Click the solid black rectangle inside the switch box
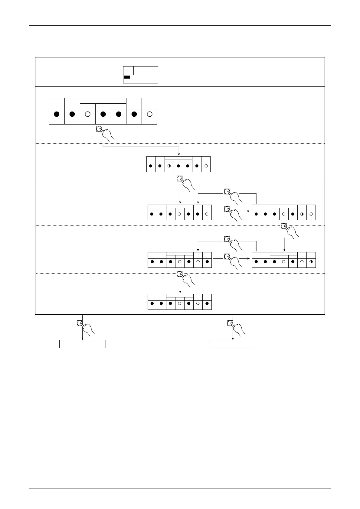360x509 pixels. coord(127,77)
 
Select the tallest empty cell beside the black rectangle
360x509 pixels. coord(151,74)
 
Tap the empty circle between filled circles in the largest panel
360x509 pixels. coord(87,114)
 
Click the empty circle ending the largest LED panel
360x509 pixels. coord(149,114)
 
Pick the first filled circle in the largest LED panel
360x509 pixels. coord(57,114)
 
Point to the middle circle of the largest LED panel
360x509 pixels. coord(103,114)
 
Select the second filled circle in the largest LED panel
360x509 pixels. coord(72,114)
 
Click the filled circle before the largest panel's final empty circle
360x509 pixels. coord(134,114)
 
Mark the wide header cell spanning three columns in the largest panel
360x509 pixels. coord(103,101)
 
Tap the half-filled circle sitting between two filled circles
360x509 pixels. coord(169,166)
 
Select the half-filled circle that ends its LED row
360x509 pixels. coord(311,262)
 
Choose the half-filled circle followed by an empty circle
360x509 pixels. coord(302,214)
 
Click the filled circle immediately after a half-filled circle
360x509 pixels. coord(178,166)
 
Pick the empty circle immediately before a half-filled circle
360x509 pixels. coord(302,262)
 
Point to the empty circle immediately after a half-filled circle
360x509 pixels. coord(311,214)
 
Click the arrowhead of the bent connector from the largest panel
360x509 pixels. coord(179,155)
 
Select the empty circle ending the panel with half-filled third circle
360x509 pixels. coord(206,166)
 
